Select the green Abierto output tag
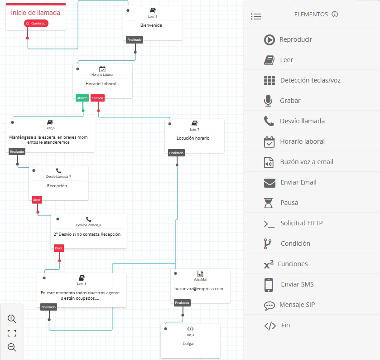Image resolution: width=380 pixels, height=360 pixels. click(x=82, y=98)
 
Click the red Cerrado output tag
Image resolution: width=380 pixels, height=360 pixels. click(x=97, y=98)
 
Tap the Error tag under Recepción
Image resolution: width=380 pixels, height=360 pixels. click(x=37, y=199)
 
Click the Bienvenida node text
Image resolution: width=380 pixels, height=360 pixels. click(x=151, y=25)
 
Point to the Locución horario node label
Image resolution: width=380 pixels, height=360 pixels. click(x=193, y=138)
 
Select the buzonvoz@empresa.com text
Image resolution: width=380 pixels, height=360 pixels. click(x=199, y=288)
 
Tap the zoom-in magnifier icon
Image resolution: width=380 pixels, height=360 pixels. click(x=12, y=319)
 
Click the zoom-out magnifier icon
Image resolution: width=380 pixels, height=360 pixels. click(x=12, y=348)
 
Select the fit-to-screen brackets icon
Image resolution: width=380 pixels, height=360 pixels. click(x=12, y=333)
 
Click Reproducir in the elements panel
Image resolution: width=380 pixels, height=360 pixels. click(x=295, y=39)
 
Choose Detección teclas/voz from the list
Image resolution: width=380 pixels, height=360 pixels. click(x=310, y=80)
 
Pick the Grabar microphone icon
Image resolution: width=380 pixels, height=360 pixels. click(x=269, y=101)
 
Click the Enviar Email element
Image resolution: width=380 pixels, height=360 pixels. click(x=298, y=182)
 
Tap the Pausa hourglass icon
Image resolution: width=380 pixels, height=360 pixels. click(x=269, y=203)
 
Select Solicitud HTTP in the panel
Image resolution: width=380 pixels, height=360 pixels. click(x=301, y=223)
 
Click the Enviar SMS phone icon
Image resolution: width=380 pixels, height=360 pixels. click(x=269, y=284)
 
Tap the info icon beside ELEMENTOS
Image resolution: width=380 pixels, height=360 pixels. click(x=335, y=15)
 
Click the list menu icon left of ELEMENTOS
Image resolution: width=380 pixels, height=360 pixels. click(x=256, y=16)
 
